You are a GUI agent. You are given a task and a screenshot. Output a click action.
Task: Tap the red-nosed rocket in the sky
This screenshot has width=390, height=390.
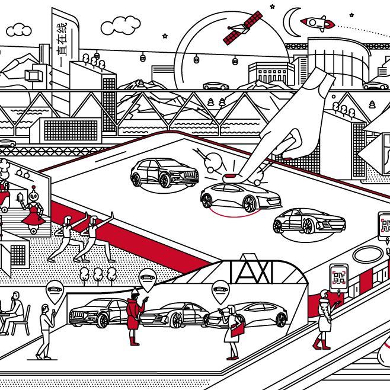(318, 23)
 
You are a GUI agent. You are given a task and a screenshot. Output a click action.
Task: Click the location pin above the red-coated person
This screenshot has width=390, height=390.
(146, 278)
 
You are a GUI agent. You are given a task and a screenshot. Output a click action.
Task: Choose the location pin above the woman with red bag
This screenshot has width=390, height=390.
(220, 290)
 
